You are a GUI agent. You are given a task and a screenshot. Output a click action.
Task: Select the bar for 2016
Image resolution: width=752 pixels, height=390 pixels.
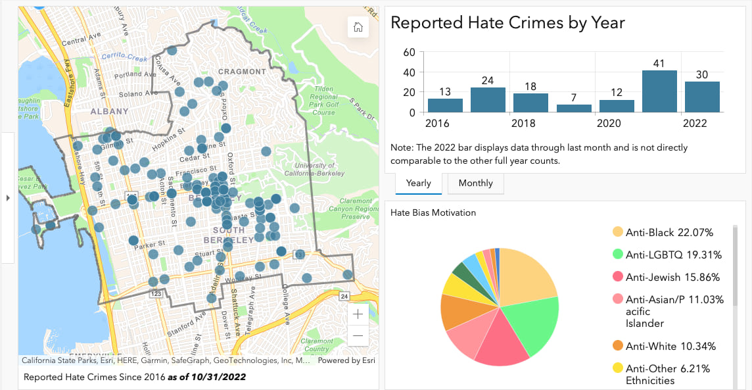coord(445,105)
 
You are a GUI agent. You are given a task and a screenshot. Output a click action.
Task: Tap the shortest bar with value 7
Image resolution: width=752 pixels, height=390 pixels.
coord(574,109)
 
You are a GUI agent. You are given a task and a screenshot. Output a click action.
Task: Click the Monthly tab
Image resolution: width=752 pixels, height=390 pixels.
coord(475,183)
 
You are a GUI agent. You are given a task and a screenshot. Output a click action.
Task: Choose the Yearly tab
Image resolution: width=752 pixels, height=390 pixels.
coord(418,183)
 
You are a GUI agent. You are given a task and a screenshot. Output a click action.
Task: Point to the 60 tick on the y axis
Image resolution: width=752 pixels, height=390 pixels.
coord(408,52)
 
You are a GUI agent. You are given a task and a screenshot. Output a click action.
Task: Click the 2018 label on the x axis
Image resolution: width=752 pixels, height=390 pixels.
coord(523,124)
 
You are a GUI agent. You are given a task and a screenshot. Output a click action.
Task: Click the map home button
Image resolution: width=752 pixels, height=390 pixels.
coord(358,27)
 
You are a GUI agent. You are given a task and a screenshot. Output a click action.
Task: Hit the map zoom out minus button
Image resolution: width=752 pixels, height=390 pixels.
coord(358,336)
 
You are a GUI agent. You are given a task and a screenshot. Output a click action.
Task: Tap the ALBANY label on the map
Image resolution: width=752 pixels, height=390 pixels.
coord(109,112)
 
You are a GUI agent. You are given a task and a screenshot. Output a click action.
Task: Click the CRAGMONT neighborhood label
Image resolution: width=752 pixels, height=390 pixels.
coord(242,72)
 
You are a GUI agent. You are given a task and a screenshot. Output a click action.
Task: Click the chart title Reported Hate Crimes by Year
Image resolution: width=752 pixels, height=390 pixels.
coord(507,23)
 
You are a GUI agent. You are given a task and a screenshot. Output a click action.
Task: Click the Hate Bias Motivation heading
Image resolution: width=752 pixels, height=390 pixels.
coord(433,212)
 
